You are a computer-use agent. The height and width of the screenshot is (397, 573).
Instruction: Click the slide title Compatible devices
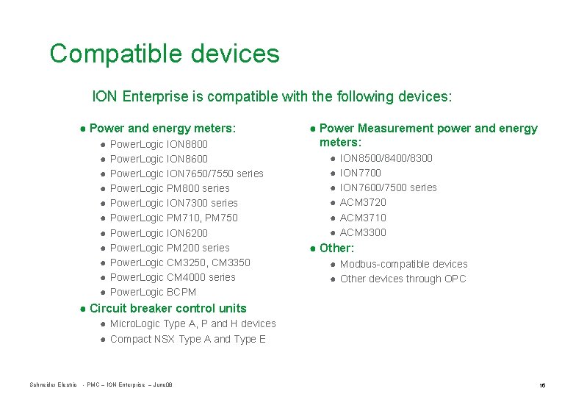point(165,54)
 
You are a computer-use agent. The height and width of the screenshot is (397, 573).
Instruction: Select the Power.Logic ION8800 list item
point(159,144)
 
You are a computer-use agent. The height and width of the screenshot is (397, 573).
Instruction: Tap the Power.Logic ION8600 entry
point(159,159)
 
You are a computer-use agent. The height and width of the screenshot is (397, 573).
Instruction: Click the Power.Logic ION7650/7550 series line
point(186,174)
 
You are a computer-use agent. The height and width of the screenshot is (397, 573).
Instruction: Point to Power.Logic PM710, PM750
point(173,218)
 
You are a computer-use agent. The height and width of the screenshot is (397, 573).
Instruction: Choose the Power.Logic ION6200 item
point(159,233)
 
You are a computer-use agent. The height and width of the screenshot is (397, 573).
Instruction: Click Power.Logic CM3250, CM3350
point(180,262)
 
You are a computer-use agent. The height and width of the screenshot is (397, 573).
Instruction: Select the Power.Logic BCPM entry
point(153,292)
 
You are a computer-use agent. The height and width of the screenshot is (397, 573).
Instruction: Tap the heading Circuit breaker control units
point(167,308)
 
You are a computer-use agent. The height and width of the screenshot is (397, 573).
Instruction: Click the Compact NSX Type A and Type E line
point(187,339)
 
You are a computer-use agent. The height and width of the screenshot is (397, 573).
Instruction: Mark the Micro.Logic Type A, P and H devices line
point(192,323)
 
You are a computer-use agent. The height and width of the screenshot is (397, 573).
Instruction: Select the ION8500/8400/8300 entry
point(386,158)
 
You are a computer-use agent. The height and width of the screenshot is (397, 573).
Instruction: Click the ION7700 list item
point(360,173)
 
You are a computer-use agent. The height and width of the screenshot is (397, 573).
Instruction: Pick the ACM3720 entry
point(363,202)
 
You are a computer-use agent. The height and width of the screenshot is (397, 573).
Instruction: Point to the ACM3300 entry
point(363,232)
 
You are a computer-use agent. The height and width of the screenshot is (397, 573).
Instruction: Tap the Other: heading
point(336,248)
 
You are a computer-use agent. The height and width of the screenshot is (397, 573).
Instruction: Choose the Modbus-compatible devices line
point(403,264)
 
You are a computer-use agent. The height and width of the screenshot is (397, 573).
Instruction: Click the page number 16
point(541,385)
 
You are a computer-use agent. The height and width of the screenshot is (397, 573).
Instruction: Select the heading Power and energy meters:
point(162,129)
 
